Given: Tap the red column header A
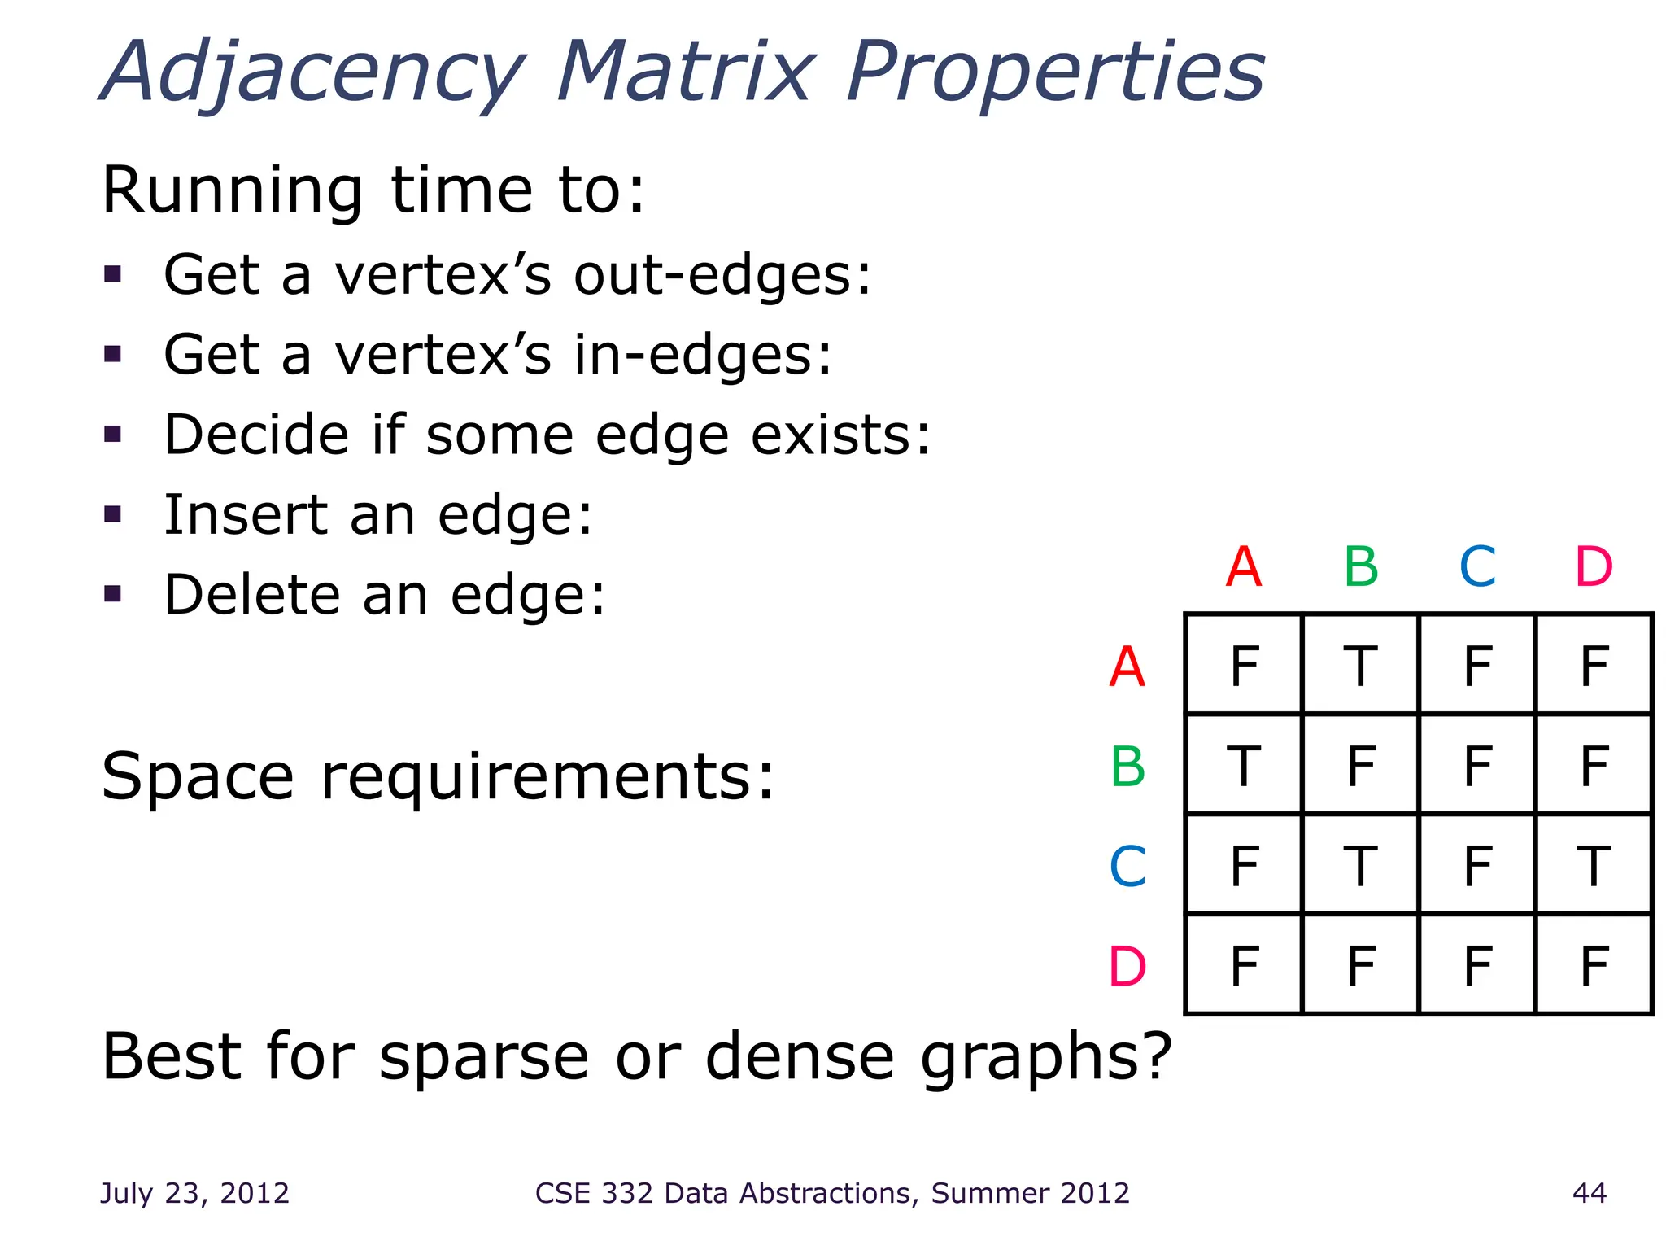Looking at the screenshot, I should [1244, 566].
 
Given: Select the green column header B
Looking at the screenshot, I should [1361, 566].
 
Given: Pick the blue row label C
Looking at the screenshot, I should [1127, 867].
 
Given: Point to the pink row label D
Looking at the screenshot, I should [1127, 967].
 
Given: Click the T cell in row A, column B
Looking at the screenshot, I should [1360, 667].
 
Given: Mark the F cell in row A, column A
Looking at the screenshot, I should [1244, 667].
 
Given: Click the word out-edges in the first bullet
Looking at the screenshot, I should [722, 275].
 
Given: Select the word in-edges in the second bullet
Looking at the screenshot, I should [703, 356].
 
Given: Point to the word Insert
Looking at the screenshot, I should [244, 515].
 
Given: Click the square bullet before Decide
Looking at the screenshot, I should [113, 434].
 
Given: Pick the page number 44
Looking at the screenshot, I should [1590, 1193].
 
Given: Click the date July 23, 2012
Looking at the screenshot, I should [194, 1193].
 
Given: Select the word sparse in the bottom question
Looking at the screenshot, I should [484, 1057].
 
